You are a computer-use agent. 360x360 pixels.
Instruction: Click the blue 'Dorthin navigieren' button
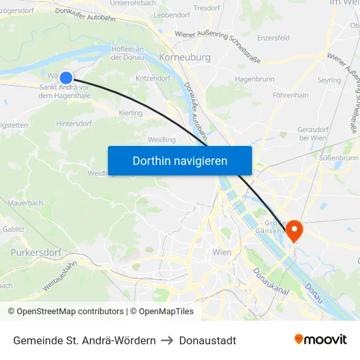179,160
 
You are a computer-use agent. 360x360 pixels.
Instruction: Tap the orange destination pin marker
294,230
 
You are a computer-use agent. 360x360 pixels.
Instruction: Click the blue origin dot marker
65,77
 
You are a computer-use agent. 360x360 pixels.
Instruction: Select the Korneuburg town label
185,58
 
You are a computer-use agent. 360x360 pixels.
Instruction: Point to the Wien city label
223,252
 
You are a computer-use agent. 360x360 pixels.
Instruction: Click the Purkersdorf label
36,252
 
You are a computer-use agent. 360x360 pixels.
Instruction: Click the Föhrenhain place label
291,96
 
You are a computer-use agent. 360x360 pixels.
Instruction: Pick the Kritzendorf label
153,78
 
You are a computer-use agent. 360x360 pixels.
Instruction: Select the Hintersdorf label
74,123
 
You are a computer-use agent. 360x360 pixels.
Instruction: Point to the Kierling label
132,113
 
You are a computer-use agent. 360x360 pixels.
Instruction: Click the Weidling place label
162,139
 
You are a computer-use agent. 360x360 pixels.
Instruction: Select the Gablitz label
14,229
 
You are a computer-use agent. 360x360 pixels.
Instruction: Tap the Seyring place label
329,80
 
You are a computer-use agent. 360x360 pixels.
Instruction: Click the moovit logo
320,339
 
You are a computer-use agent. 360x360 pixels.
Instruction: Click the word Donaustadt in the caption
207,340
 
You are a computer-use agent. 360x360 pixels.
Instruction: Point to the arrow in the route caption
168,340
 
